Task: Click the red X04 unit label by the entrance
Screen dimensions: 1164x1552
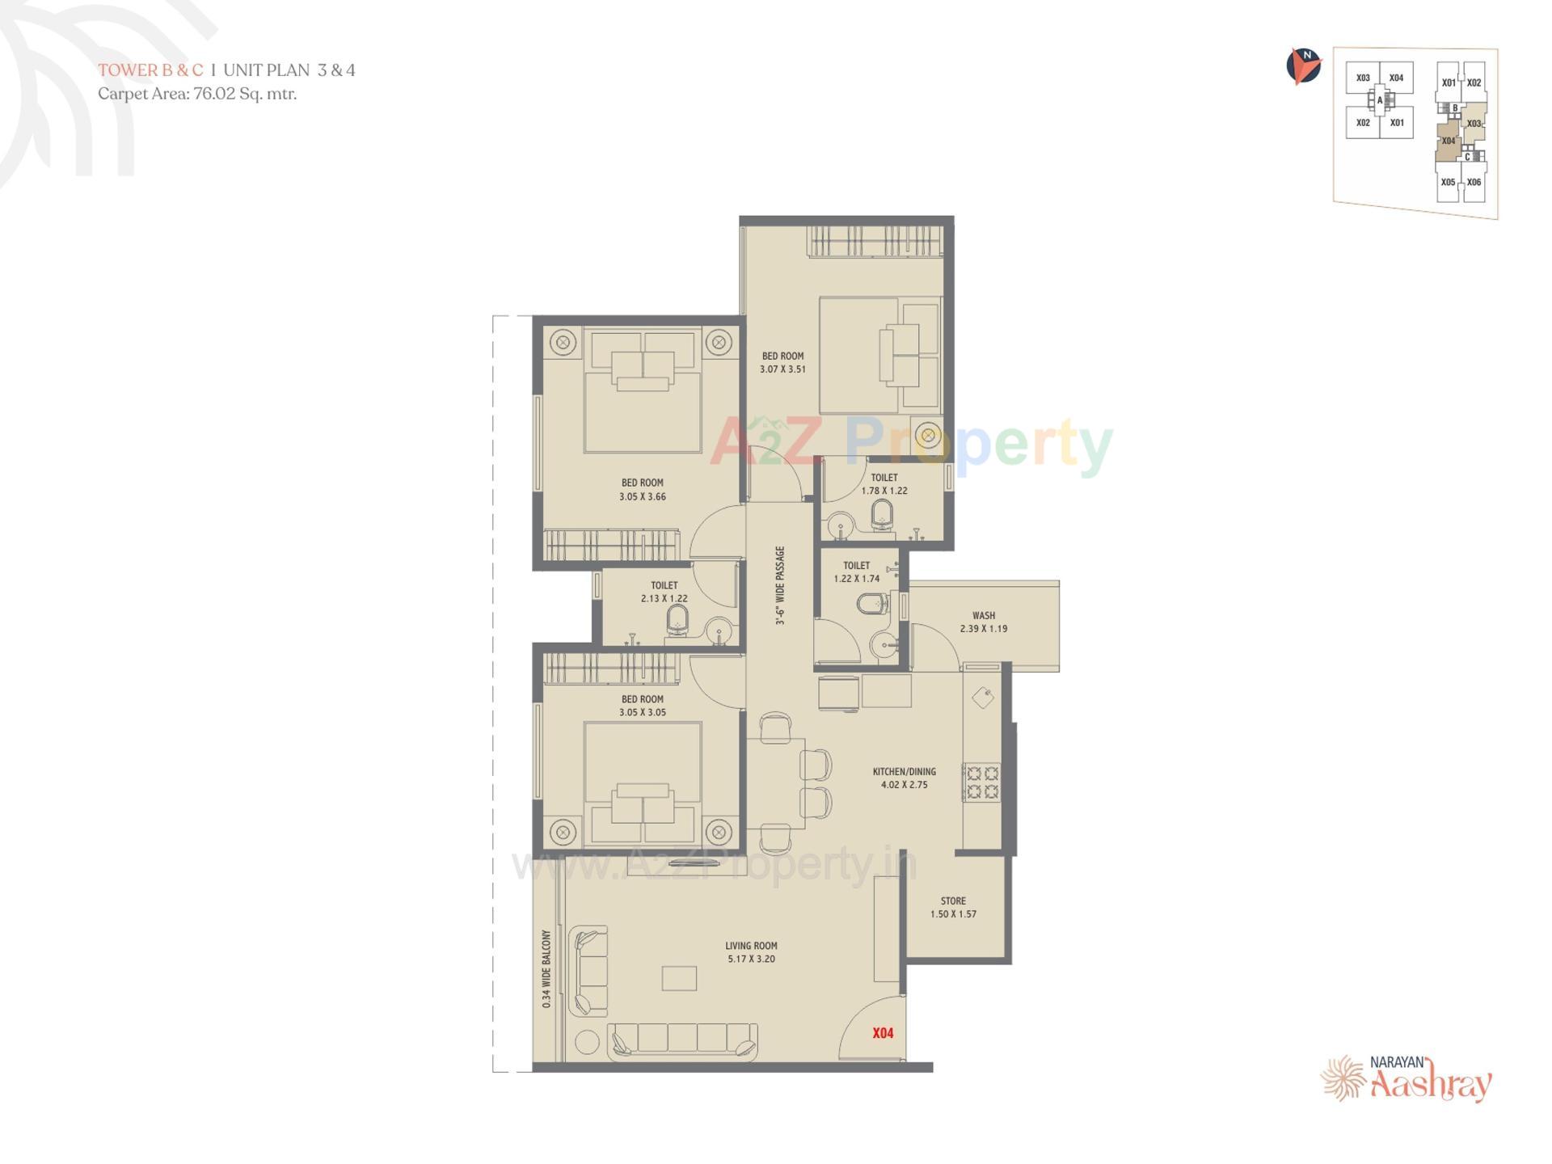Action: (883, 1033)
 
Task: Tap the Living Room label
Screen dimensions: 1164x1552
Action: (751, 952)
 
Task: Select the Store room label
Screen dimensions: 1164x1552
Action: (953, 907)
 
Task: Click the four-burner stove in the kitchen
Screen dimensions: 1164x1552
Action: (982, 782)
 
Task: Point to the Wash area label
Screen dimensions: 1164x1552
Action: (984, 622)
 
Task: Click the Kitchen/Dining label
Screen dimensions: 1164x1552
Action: (905, 778)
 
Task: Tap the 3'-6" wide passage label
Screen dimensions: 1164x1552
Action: (780, 586)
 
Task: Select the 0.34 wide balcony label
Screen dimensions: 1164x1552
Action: (547, 968)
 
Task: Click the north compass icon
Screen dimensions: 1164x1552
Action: (1303, 66)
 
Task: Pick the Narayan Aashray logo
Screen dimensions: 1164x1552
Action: (1407, 1078)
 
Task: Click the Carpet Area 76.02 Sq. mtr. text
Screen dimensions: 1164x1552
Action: (197, 94)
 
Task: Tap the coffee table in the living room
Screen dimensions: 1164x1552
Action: (679, 978)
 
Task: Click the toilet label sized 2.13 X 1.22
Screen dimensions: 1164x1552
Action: (664, 592)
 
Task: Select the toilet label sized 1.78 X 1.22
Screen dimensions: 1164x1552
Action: (884, 484)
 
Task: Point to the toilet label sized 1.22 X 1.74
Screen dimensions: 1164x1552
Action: (857, 572)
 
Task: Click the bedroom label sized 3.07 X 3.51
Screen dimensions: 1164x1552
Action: (782, 362)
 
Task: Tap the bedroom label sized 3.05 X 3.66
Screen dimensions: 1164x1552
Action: (643, 490)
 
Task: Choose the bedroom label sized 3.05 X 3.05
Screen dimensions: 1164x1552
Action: (643, 706)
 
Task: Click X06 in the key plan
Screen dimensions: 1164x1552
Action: (1474, 183)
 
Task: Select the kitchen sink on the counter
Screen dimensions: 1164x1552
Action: (983, 697)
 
